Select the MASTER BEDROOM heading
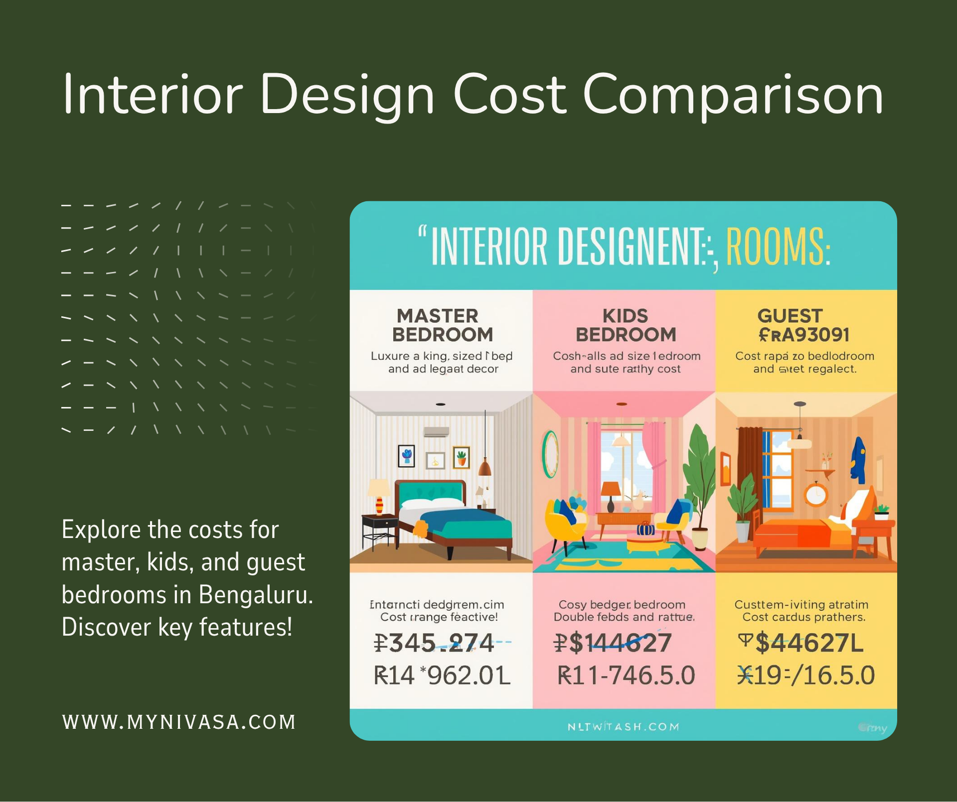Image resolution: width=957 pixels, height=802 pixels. (442, 325)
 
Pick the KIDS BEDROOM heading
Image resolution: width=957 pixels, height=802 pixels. (626, 325)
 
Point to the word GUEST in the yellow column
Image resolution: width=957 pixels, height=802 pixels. (790, 316)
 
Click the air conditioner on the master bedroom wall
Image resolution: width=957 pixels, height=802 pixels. (437, 432)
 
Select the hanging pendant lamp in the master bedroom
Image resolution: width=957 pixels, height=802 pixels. (484, 466)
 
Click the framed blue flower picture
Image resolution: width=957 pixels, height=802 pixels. (407, 456)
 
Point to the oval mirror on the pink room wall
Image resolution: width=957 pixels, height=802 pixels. (550, 453)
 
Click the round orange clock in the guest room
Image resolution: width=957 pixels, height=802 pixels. (816, 494)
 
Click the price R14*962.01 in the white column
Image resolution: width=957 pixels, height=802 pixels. (442, 675)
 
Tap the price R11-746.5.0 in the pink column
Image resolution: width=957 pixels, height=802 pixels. (626, 675)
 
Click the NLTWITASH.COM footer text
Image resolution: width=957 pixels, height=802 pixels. (624, 727)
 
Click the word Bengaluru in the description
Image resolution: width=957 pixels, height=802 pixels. (256, 595)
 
